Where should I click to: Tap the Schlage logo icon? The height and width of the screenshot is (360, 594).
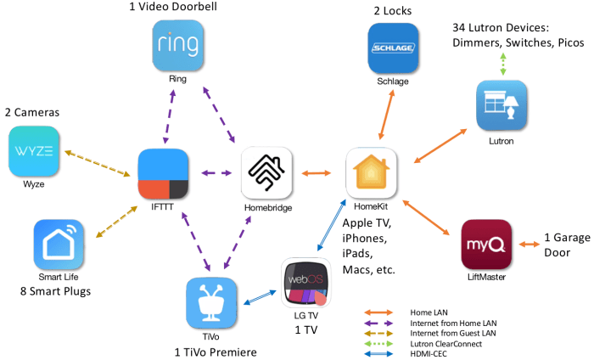coord(393,48)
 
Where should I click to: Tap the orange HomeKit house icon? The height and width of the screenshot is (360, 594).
coord(370,173)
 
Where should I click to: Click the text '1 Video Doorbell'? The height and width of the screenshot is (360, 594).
coord(177,8)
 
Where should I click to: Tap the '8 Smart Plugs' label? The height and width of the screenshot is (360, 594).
coord(56,293)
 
